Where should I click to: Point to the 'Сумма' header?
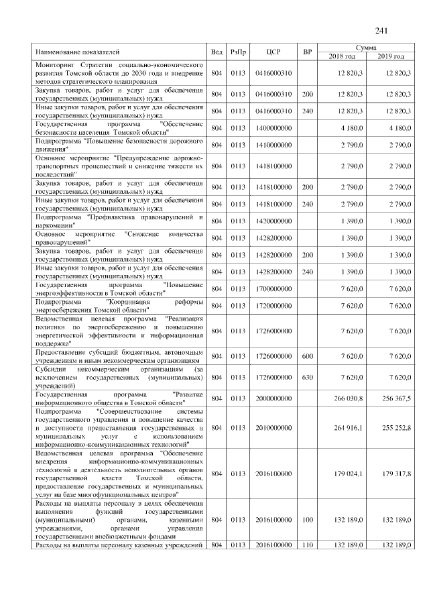tap(366, 48)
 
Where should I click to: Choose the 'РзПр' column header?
tap(238, 52)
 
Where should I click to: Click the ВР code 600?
tap(308, 355)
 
